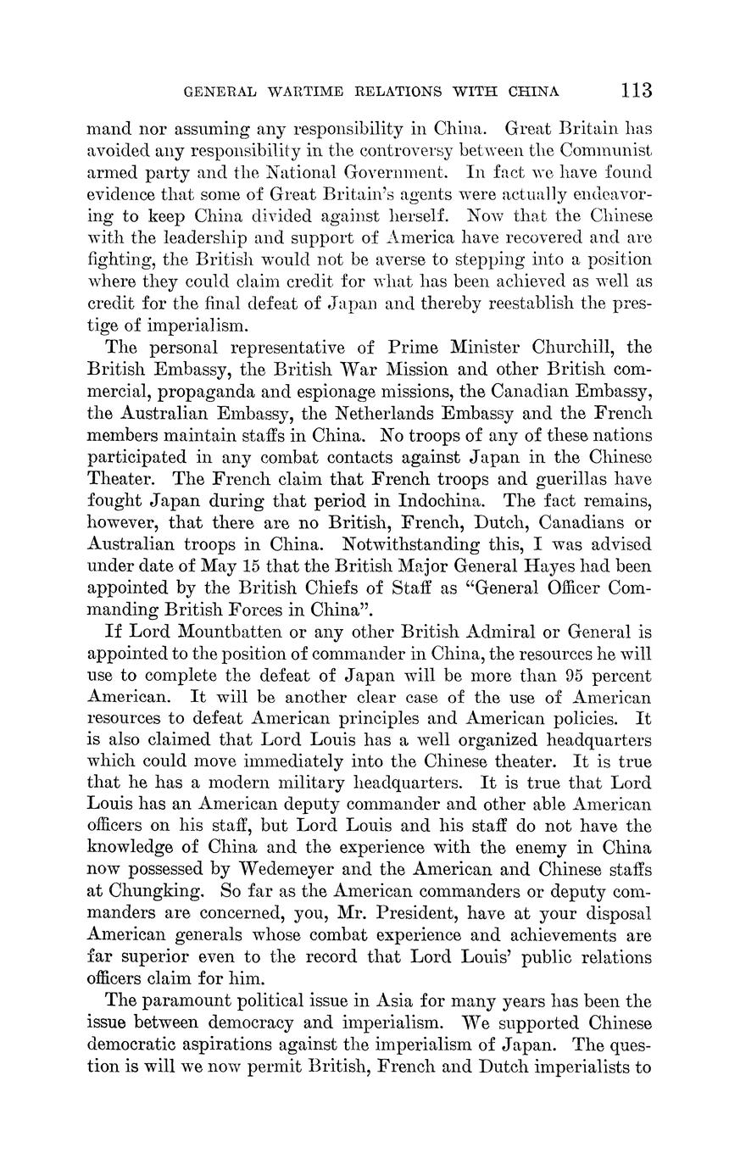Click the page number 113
point(636,90)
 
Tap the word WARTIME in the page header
point(283,92)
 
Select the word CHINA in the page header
point(533,92)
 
